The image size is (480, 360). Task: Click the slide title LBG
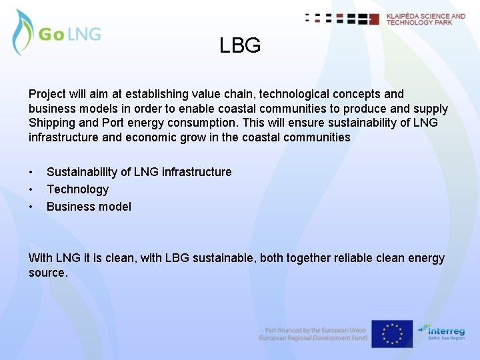240,46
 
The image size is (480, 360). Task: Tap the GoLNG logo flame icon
23,32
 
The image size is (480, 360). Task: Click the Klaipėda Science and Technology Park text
426,19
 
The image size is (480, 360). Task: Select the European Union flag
392,334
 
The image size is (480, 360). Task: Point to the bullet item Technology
77,189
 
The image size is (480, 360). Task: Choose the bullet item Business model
89,207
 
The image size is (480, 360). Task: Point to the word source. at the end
48,273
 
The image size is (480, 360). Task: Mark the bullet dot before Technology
31,189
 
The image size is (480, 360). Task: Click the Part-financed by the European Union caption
315,330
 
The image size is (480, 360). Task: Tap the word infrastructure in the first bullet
194,172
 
